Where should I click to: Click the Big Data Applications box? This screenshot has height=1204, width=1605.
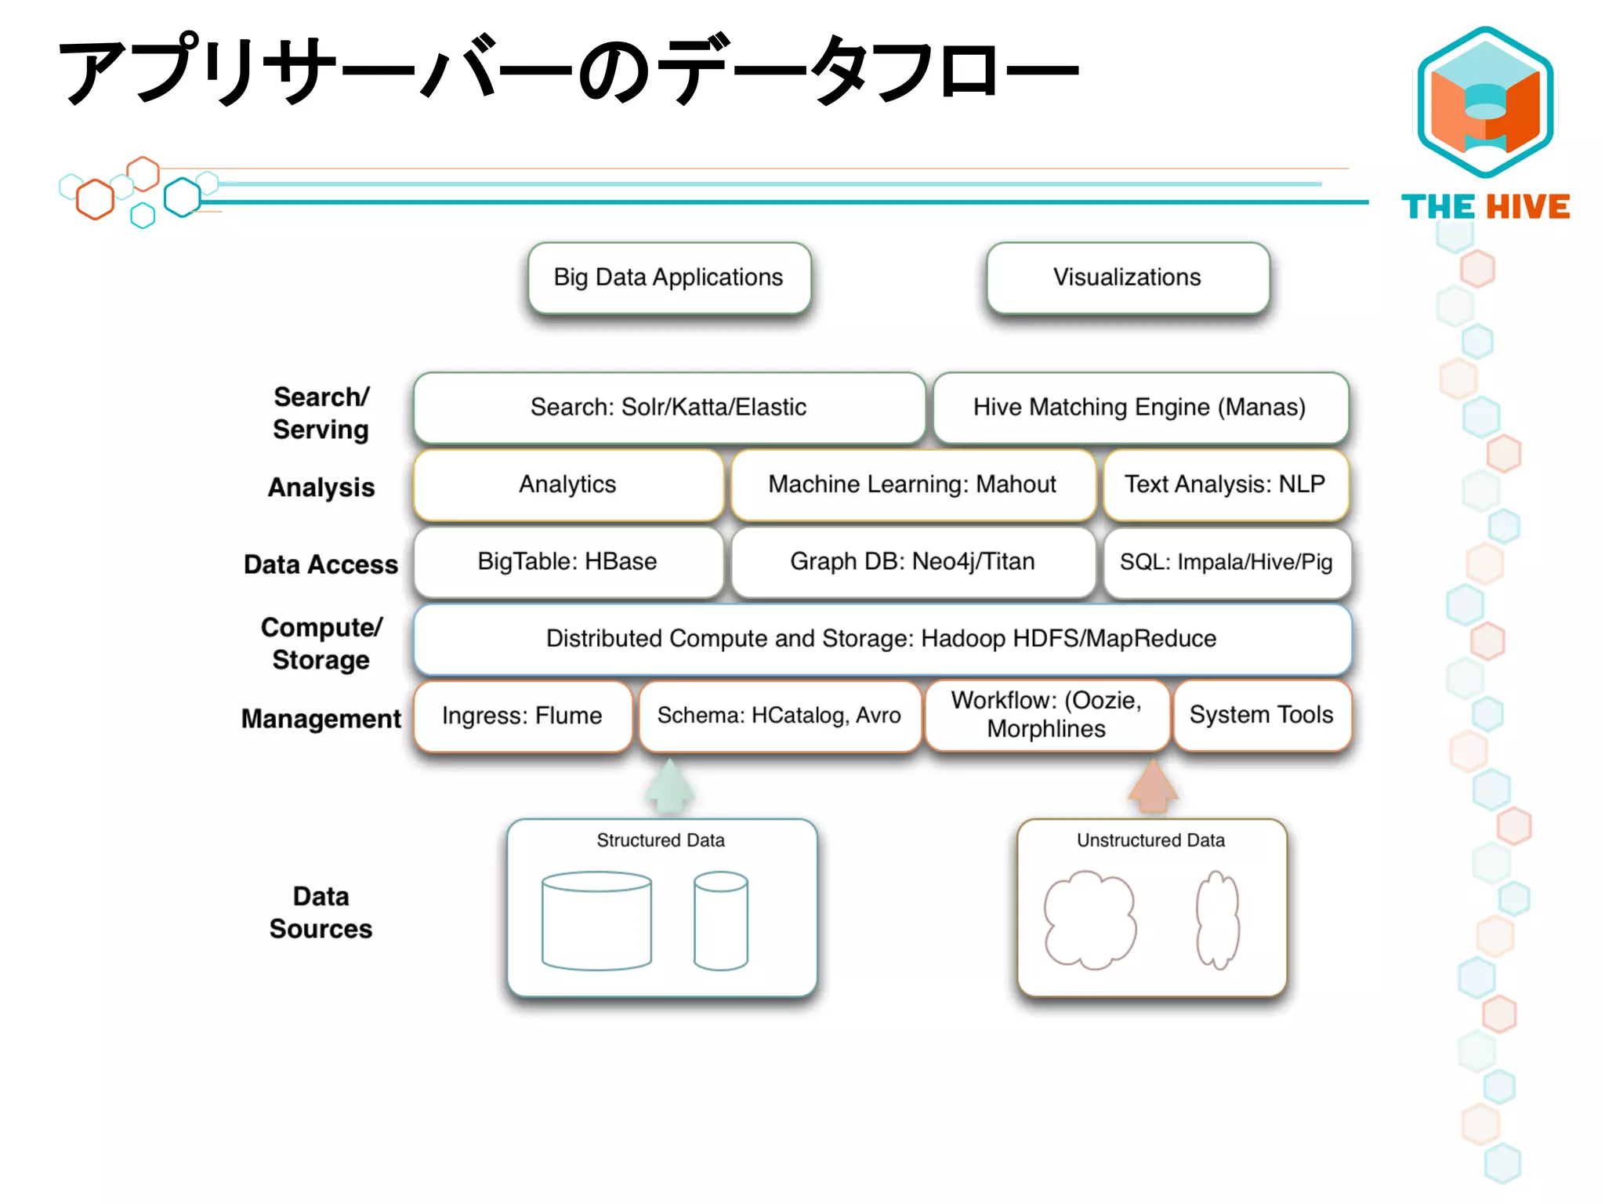point(668,277)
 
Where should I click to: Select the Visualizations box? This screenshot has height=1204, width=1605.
point(1127,277)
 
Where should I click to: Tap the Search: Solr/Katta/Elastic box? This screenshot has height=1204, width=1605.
point(668,408)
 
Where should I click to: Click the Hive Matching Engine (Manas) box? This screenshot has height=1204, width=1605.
point(1139,408)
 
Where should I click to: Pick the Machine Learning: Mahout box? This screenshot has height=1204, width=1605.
point(912,484)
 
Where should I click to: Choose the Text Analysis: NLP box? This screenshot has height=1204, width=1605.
point(1225,484)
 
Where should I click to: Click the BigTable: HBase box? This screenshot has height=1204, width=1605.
point(567,562)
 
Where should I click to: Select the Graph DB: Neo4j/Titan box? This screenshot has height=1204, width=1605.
point(912,562)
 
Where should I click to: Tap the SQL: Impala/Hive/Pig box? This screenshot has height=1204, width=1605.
point(1226,562)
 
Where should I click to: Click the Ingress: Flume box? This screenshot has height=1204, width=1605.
point(522,716)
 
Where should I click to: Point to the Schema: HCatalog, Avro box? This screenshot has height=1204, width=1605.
point(779,716)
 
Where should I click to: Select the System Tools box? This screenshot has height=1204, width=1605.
point(1261,715)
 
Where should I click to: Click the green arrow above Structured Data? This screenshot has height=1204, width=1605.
point(669,788)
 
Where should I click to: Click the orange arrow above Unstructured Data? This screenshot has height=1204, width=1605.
point(1153,788)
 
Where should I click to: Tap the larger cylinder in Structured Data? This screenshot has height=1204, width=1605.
point(596,921)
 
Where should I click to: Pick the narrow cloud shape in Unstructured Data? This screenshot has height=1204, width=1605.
point(1217,919)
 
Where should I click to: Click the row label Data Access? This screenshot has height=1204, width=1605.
point(321,564)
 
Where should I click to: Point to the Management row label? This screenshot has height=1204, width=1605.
point(321,719)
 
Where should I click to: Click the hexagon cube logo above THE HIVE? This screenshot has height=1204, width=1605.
point(1485,102)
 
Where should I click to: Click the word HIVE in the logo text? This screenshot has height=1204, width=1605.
point(1527,207)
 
